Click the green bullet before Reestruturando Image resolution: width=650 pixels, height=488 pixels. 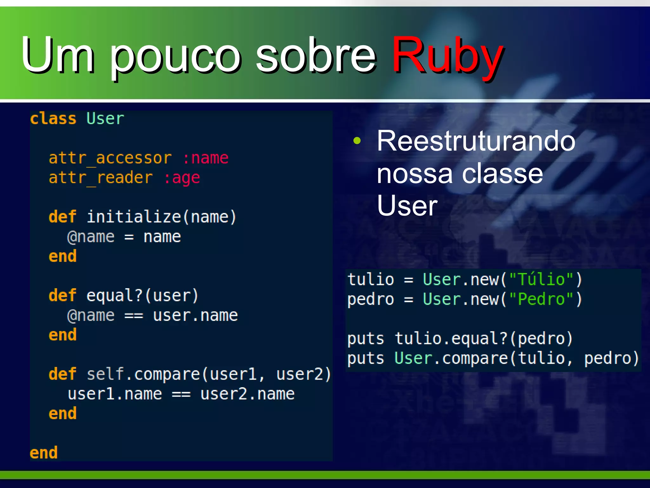(x=357, y=141)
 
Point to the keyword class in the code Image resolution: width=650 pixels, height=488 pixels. (x=53, y=119)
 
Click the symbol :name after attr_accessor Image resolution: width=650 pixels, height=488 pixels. (x=205, y=158)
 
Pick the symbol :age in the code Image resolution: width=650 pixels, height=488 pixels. (x=182, y=178)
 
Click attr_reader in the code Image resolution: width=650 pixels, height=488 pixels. (x=101, y=178)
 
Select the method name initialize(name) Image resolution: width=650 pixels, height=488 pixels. (x=162, y=217)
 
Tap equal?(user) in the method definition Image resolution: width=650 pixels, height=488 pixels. (x=143, y=295)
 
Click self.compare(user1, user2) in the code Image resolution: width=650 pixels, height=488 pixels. (x=209, y=374)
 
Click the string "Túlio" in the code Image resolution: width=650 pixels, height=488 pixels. (x=541, y=280)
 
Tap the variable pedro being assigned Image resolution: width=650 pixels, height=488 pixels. (x=370, y=299)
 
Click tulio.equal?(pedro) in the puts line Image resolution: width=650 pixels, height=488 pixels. (x=484, y=338)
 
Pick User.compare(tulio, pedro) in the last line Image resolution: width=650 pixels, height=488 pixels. (x=516, y=358)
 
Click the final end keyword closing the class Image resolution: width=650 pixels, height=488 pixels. (x=43, y=453)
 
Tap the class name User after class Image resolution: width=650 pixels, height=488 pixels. (x=105, y=119)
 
